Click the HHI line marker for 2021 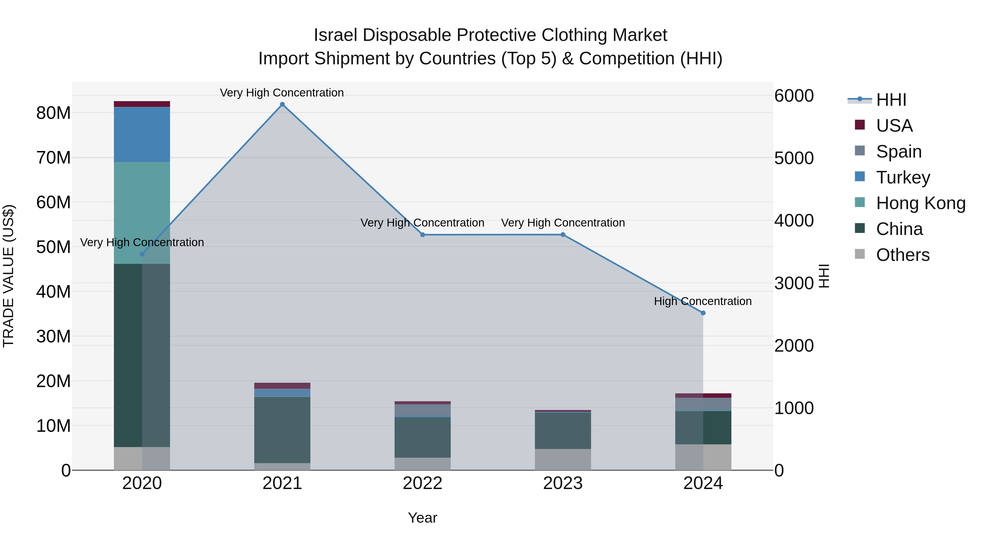click(282, 104)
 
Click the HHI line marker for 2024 click(703, 313)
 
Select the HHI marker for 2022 click(422, 235)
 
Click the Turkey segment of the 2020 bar click(142, 134)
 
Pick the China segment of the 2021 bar click(282, 430)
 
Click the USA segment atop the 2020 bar click(142, 104)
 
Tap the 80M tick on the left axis click(53, 113)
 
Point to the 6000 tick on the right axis click(794, 96)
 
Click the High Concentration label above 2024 click(703, 301)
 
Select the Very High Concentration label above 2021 click(282, 93)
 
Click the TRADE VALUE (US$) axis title click(8, 276)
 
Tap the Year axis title click(422, 518)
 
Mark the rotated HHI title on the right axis click(824, 276)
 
